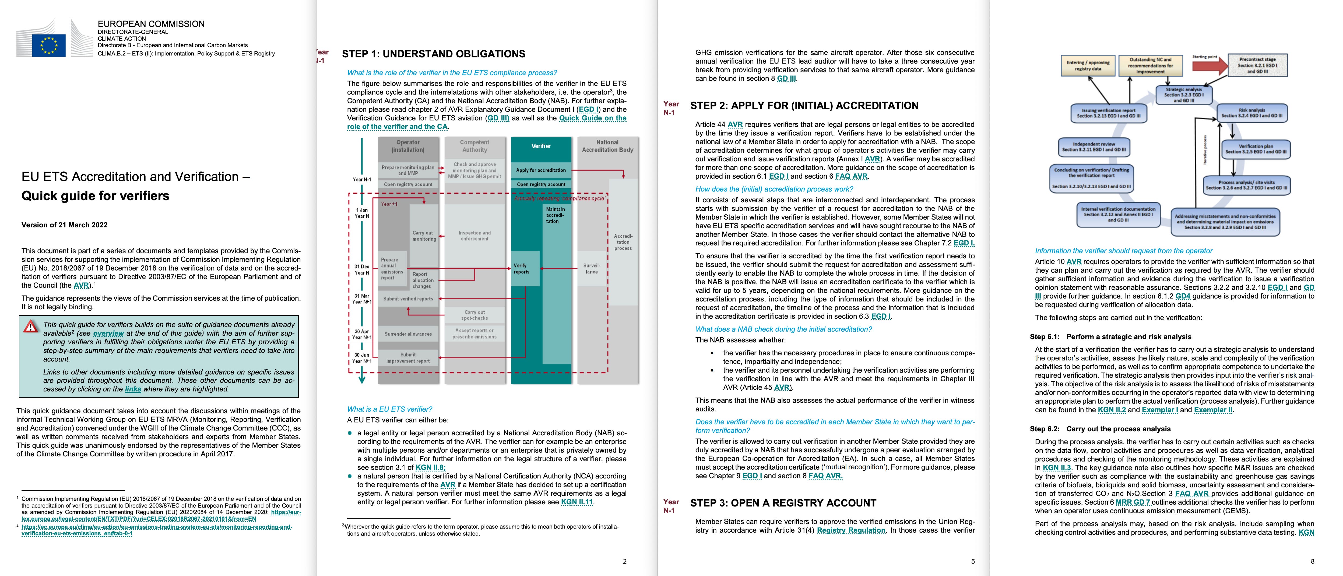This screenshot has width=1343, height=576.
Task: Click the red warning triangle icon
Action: point(31,327)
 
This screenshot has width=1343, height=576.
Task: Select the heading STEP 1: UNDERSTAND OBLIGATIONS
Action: point(433,54)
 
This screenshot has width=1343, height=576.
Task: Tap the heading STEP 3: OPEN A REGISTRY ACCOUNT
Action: point(783,503)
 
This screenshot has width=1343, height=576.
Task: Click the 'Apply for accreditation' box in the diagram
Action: point(541,170)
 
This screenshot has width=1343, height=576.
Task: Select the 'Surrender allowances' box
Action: point(408,334)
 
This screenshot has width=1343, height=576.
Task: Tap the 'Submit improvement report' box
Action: point(408,358)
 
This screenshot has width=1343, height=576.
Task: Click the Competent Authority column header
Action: point(474,146)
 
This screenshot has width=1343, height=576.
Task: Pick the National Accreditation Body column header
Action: point(607,146)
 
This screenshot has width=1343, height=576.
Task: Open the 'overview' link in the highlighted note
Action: point(108,333)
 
